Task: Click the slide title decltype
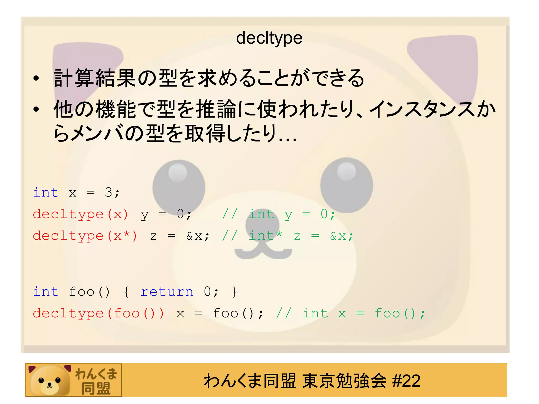[x=269, y=38]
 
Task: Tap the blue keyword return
[x=167, y=292]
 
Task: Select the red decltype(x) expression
[x=81, y=214]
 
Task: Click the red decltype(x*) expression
[x=85, y=236]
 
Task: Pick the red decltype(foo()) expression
[x=98, y=314]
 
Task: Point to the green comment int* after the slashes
[x=265, y=235]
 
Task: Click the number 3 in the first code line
[x=108, y=193]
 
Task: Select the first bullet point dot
[x=36, y=78]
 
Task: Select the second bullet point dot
[x=36, y=109]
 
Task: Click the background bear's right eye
[x=346, y=184]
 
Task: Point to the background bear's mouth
[x=263, y=251]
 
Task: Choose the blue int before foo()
[x=46, y=292]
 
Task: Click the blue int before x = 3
[x=46, y=193]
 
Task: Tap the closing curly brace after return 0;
[x=234, y=292]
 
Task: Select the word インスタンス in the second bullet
[x=424, y=109]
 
